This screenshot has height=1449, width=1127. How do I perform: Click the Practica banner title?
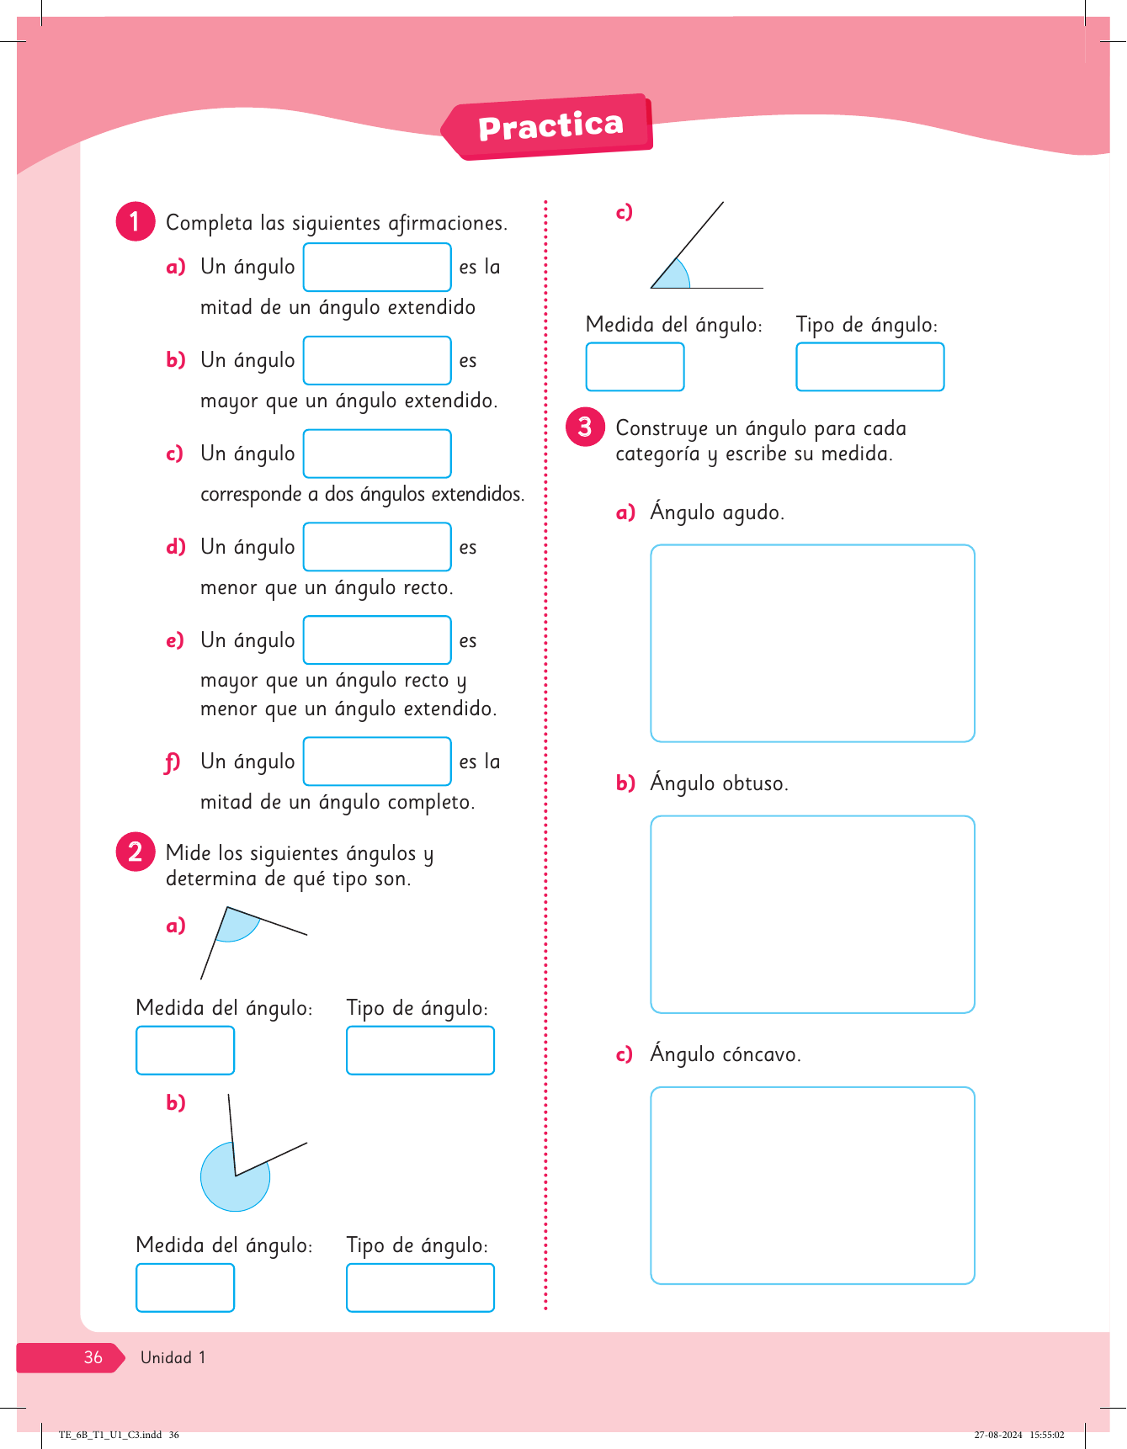(550, 126)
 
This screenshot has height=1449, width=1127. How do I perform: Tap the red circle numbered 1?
(135, 221)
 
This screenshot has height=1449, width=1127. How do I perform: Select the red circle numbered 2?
(135, 852)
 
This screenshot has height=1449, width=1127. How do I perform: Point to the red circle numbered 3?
(585, 427)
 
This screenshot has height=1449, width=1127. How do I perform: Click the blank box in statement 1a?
(377, 267)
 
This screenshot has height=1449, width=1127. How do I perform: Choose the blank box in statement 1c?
(377, 454)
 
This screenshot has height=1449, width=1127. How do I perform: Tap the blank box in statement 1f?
(377, 762)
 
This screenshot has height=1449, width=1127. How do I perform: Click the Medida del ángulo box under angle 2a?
(185, 1050)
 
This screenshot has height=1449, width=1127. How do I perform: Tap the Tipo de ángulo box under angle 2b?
(420, 1287)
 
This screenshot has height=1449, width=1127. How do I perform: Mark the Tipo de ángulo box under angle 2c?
(870, 367)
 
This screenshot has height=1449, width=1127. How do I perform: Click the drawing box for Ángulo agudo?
(812, 643)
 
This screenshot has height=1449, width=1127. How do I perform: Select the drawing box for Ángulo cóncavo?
(812, 1185)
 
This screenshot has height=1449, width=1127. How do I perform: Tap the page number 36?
(93, 1357)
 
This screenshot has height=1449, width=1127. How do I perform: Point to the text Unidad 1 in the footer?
(173, 1357)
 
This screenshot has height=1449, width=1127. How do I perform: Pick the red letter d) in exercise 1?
(175, 547)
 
